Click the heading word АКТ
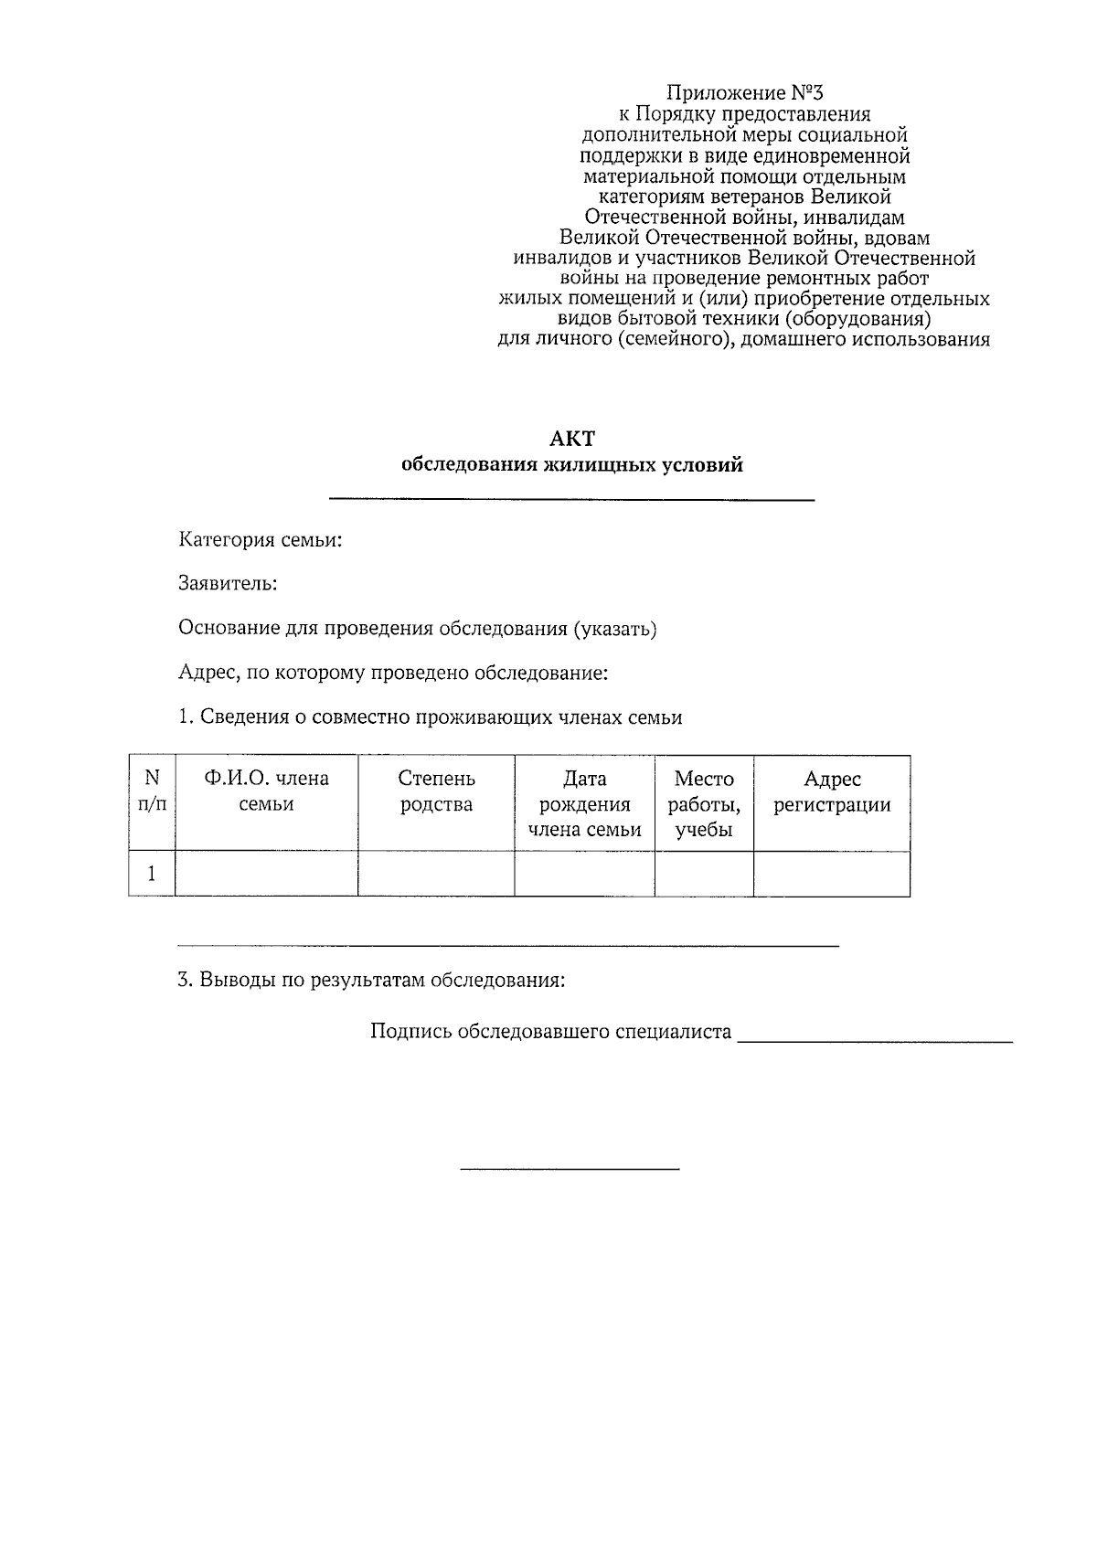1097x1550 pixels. tap(571, 440)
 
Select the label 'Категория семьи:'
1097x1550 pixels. tap(261, 540)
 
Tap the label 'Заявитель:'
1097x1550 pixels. tap(228, 583)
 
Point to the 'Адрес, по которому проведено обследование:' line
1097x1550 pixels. tap(393, 674)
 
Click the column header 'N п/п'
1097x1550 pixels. tap(152, 791)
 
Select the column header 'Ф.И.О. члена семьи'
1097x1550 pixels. tap(266, 791)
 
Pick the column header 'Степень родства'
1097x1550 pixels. tap(436, 791)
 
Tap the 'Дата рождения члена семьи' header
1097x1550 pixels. tap(584, 804)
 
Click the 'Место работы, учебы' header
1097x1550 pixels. tap(704, 804)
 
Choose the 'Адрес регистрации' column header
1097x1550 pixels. tap(832, 791)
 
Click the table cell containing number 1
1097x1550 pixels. tap(152, 875)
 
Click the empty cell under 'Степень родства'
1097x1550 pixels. tap(436, 875)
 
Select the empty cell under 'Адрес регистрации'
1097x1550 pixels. tap(832, 875)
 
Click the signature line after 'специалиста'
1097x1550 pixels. tap(875, 1040)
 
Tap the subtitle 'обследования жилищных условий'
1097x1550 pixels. tap(572, 465)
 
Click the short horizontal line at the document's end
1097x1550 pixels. tap(570, 1169)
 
